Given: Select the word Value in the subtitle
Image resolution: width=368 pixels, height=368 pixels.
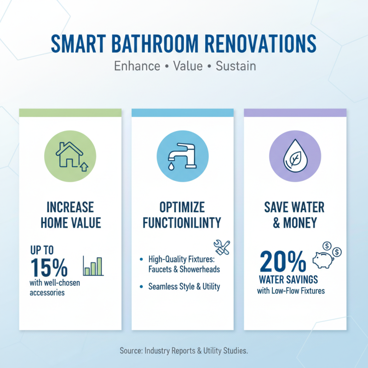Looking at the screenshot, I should tap(188, 66).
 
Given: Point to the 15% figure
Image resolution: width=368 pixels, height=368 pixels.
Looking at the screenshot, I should tap(49, 267).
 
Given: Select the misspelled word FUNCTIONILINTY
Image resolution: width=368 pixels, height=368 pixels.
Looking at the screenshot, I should tap(182, 223).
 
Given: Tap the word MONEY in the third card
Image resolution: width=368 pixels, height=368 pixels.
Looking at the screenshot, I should tap(301, 223).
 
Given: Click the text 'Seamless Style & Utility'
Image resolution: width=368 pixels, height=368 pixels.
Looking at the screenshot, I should tap(184, 287).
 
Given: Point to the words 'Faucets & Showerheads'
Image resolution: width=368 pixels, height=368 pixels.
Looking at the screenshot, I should tap(184, 269).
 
